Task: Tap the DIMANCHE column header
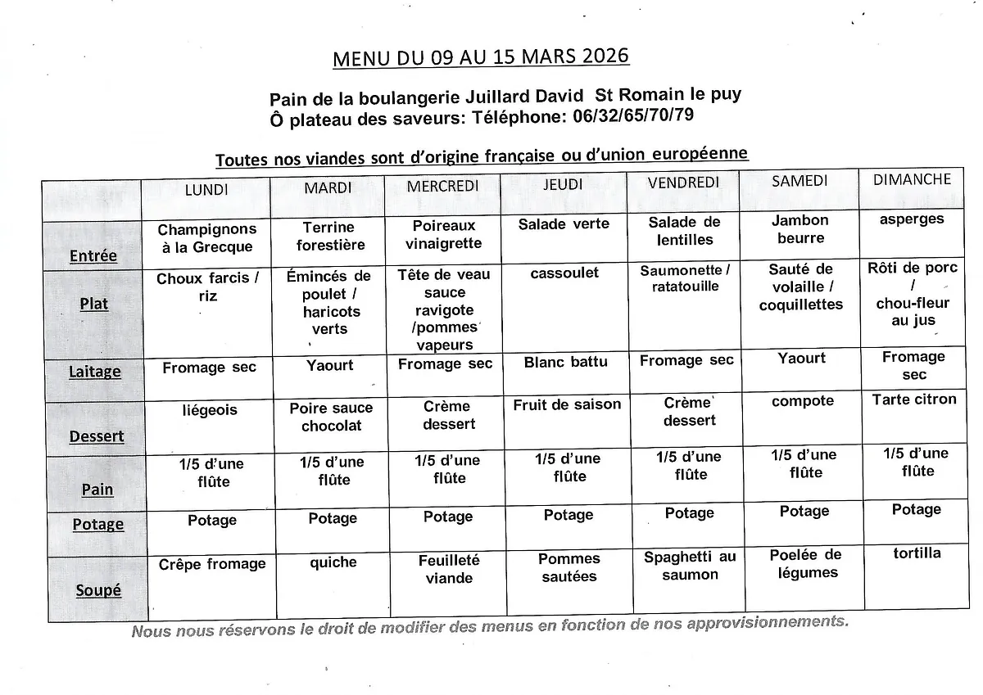912,179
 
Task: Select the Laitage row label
95,372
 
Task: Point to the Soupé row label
98,589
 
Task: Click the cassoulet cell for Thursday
564,273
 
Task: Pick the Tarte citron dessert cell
914,399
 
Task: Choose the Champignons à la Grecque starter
207,238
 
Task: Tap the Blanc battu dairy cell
566,362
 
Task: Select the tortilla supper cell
917,553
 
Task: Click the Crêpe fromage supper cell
212,564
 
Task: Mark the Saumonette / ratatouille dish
685,278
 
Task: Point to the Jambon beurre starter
800,229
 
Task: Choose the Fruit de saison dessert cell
567,404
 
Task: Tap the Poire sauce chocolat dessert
331,417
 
